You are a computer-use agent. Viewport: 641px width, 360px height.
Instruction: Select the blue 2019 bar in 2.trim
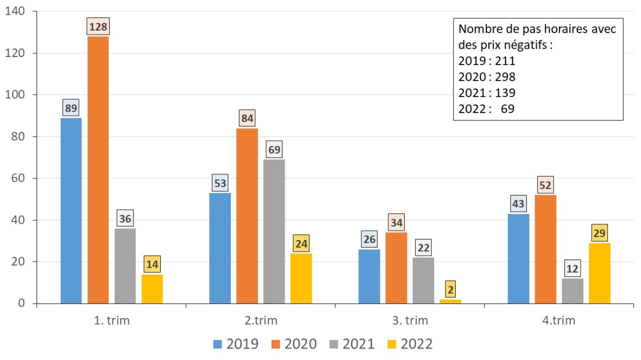[x=220, y=248]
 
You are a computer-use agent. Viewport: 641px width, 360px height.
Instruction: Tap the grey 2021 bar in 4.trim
[x=573, y=290]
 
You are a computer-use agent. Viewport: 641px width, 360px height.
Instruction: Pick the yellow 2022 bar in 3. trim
[x=450, y=301]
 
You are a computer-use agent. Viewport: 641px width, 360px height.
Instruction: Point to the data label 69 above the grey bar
[x=274, y=149]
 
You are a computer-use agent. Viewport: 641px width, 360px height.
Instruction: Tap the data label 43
[x=518, y=204]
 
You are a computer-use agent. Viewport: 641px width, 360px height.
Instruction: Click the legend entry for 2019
[x=235, y=344]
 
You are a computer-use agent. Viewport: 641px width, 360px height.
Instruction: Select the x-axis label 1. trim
[x=111, y=320]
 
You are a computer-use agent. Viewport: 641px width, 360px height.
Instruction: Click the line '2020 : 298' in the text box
[x=487, y=77]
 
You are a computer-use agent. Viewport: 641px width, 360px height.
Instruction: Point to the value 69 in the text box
[x=507, y=109]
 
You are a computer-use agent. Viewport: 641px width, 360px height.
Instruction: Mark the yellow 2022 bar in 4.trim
[x=600, y=273]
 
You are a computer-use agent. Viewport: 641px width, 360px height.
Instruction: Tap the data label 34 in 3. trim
[x=396, y=223]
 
